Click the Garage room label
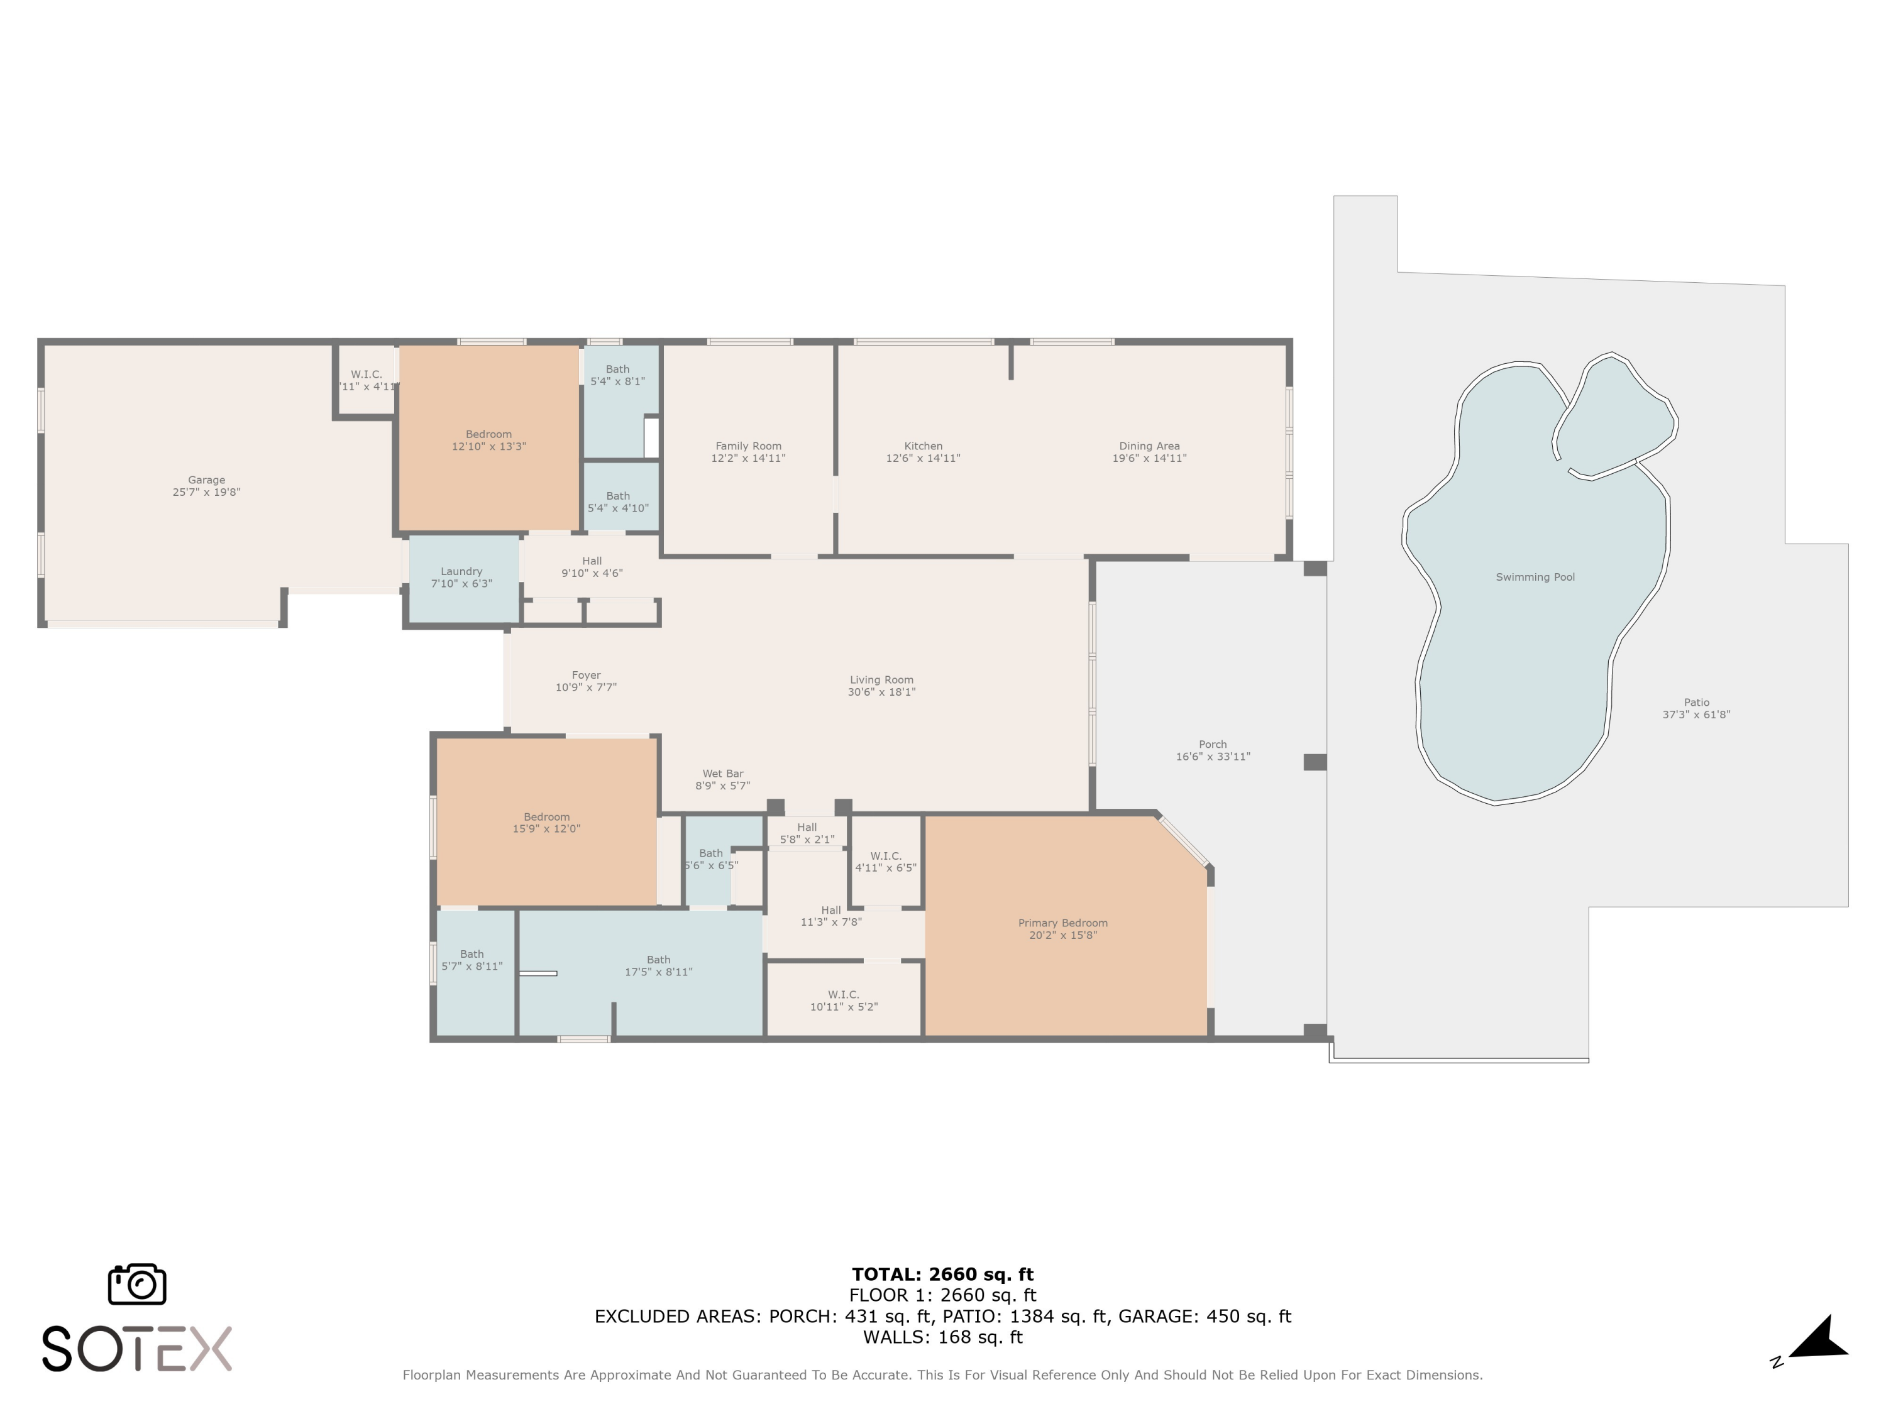point(206,481)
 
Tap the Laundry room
point(461,577)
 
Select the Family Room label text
point(747,446)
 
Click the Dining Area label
point(1149,446)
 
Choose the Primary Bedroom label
point(1062,923)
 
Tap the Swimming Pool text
point(1535,577)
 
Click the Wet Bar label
point(722,774)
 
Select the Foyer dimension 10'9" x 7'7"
point(586,688)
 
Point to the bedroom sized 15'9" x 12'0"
point(546,823)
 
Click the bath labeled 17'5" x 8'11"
point(658,966)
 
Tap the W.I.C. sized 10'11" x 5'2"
point(843,1000)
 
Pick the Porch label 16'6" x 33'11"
point(1213,750)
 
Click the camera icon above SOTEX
point(136,1283)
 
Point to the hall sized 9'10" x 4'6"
point(592,567)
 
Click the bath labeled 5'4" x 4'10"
point(617,502)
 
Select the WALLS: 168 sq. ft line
point(942,1337)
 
